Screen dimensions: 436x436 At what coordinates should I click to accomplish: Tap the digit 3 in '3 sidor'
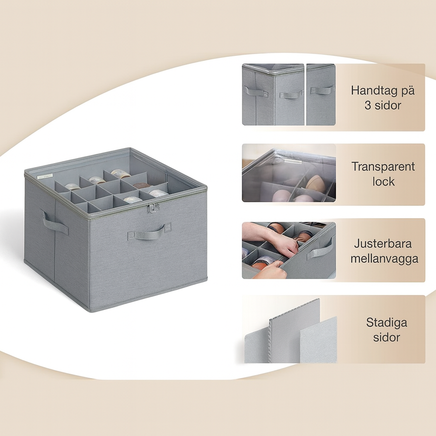tap(367, 106)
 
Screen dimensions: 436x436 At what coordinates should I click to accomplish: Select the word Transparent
tap(383, 166)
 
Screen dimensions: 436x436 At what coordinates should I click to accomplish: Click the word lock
tap(384, 181)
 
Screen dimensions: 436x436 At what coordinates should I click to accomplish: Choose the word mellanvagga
tap(384, 258)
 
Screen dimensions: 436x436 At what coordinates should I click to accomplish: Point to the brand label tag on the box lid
tap(45, 175)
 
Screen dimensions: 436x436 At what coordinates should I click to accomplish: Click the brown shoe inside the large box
tap(141, 186)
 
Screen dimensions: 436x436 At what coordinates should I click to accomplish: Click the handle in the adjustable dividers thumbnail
tap(320, 250)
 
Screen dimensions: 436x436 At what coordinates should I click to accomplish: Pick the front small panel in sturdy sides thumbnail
tap(318, 340)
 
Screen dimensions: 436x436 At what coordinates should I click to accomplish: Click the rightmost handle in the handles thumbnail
tap(321, 90)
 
